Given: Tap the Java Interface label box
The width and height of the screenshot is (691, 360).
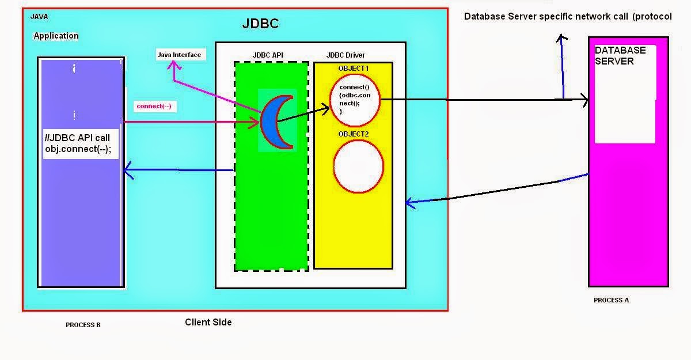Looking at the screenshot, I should click(x=179, y=55).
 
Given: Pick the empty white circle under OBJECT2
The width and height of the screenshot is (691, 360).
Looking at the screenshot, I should click(x=358, y=166).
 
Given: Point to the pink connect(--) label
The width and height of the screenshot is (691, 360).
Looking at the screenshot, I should click(x=154, y=107).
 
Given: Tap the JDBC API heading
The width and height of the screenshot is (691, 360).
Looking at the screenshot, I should click(x=268, y=55).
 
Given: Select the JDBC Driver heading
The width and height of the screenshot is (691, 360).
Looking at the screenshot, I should click(x=345, y=55).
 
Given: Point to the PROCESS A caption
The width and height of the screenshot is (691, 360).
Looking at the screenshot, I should click(x=611, y=300).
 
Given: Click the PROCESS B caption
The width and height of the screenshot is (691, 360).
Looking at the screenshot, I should click(x=83, y=325).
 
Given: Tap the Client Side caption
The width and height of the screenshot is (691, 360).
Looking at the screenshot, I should click(x=208, y=322).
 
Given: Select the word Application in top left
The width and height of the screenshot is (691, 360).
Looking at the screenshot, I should click(x=56, y=36).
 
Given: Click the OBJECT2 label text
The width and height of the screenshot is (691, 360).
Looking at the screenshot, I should click(x=354, y=134).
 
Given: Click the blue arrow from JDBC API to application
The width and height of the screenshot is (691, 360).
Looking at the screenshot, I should click(x=179, y=170).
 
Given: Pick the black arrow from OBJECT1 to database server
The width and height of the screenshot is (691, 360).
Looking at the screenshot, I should click(x=484, y=100).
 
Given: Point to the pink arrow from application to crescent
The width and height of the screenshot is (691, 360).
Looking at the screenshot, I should click(x=190, y=122).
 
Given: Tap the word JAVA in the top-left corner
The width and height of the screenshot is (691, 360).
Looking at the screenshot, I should click(x=39, y=17).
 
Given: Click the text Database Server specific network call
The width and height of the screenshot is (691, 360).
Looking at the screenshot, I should click(x=547, y=17).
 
